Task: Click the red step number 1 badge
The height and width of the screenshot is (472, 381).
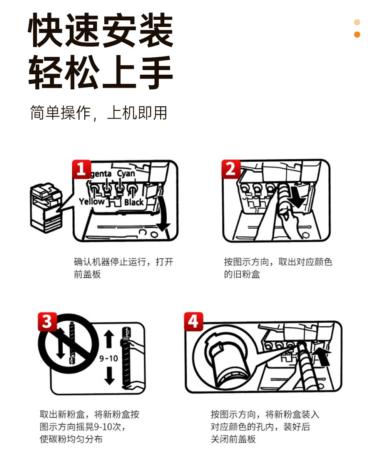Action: (x=82, y=169)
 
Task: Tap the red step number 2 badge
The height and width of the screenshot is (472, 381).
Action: (x=231, y=169)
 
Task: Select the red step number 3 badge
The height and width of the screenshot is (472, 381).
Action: (x=47, y=321)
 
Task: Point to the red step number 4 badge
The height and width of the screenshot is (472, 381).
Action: (x=193, y=321)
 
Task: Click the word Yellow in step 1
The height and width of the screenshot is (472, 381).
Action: (x=92, y=202)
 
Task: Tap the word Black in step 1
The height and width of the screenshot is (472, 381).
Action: (x=134, y=202)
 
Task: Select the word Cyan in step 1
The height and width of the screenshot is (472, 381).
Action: (x=126, y=174)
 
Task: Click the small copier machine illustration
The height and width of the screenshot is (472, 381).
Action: (x=46, y=208)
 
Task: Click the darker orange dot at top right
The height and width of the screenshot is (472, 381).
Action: (x=357, y=35)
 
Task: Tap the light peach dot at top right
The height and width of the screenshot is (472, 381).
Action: (x=357, y=22)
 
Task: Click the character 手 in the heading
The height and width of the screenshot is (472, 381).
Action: (x=156, y=72)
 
